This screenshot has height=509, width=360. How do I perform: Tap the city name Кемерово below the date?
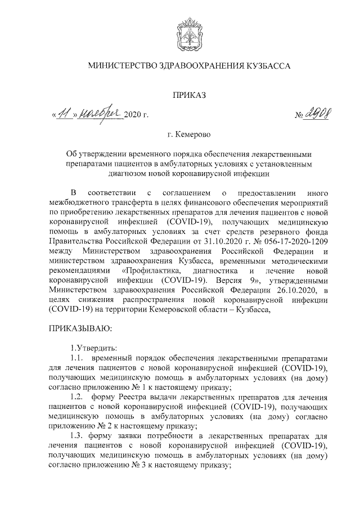coord(195,135)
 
